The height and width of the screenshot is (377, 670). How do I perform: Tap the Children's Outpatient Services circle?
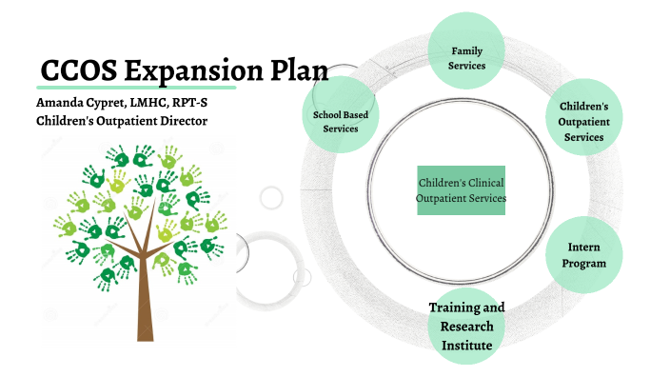coord(583,121)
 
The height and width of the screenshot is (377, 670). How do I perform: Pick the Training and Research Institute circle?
coord(466,327)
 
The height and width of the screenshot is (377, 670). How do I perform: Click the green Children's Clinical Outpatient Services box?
coord(461,190)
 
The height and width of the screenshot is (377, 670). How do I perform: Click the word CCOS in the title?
coord(81,71)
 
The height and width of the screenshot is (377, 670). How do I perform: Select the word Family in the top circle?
coord(466,49)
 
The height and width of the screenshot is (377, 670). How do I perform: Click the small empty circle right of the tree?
coord(272,198)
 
